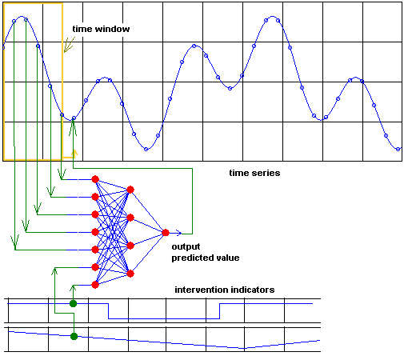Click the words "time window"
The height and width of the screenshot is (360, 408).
(101, 29)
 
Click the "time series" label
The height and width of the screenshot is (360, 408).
(254, 173)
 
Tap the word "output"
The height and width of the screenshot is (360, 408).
(186, 246)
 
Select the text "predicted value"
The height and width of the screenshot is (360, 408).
(206, 258)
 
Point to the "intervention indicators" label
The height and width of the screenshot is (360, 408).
(225, 290)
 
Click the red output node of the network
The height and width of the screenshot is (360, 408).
(166, 233)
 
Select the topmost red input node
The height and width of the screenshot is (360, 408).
(95, 179)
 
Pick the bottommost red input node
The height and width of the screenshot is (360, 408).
(95, 285)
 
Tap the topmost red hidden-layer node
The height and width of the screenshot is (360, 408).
(130, 190)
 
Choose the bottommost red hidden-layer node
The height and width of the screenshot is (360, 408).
(130, 274)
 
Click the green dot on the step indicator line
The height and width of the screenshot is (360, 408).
(73, 303)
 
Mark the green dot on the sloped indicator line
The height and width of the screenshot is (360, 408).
(74, 336)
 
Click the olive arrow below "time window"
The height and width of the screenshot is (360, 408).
(69, 45)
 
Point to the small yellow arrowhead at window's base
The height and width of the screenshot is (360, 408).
(74, 153)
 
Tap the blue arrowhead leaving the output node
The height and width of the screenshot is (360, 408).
(179, 233)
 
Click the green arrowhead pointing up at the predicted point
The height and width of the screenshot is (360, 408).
(73, 129)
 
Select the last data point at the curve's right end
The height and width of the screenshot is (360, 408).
(398, 149)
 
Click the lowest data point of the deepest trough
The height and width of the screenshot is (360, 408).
(146, 150)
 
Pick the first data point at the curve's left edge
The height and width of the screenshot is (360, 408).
(3, 48)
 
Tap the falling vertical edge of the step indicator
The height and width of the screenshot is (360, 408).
(109, 311)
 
